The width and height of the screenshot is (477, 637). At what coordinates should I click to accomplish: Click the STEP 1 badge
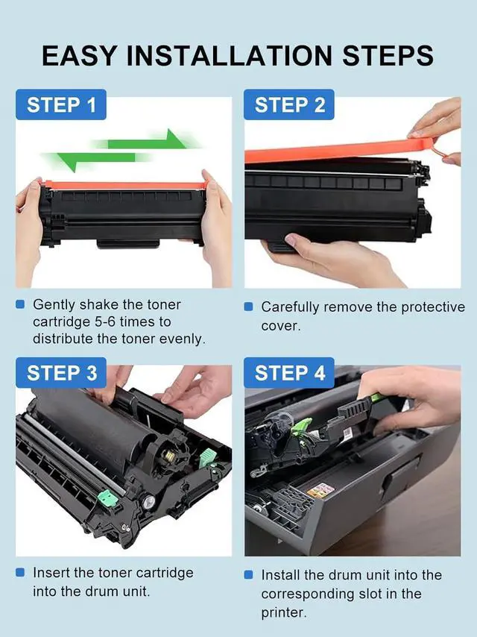(61, 104)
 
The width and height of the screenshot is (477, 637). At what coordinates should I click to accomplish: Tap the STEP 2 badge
(289, 104)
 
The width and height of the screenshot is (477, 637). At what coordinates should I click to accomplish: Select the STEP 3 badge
(61, 372)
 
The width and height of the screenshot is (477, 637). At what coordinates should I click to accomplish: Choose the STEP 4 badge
(289, 372)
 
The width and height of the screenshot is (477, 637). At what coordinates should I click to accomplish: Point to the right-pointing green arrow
(146, 140)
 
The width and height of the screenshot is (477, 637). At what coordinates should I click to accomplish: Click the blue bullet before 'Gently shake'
(20, 304)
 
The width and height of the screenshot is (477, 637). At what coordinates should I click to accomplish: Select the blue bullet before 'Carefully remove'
(248, 307)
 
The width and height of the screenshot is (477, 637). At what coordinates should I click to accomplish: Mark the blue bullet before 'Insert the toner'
(20, 572)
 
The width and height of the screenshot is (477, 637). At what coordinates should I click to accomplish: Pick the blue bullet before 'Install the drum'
(248, 575)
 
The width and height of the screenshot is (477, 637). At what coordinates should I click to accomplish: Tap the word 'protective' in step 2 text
(433, 307)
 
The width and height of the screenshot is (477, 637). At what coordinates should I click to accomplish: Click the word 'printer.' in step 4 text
(284, 612)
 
